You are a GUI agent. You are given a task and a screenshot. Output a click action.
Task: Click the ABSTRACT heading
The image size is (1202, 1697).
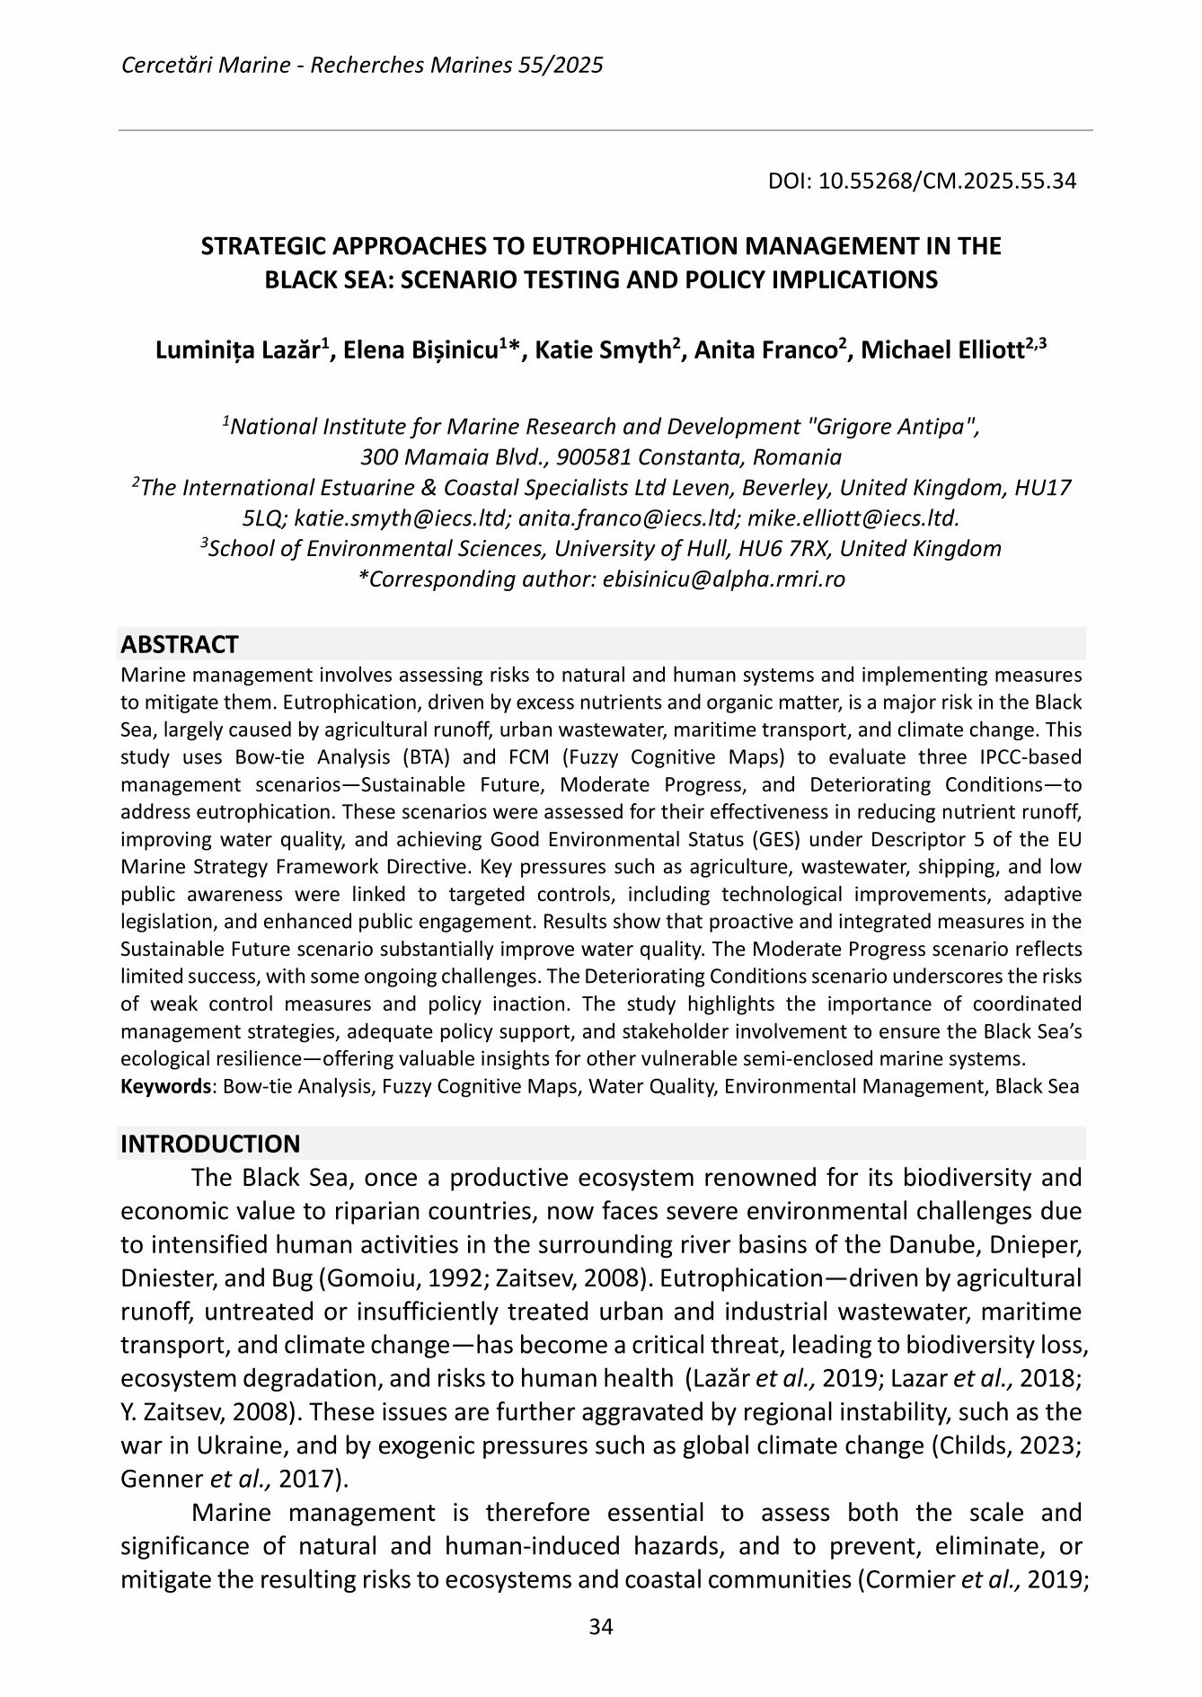(x=180, y=644)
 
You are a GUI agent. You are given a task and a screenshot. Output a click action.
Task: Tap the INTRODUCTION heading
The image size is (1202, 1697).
(x=210, y=1144)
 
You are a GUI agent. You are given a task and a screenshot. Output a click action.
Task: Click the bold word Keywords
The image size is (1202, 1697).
(x=165, y=1087)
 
